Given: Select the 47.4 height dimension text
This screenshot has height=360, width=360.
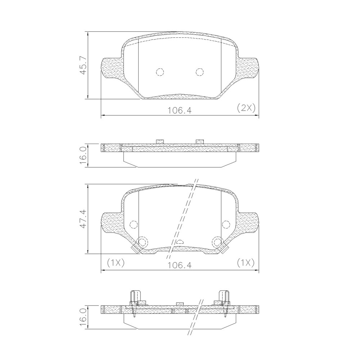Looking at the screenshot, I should tap(83, 219).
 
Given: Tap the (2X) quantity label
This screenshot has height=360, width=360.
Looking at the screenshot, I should tap(246, 108).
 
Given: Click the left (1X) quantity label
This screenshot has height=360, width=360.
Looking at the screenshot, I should tap(116, 263).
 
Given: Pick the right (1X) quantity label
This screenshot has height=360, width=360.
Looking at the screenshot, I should tap(246, 263).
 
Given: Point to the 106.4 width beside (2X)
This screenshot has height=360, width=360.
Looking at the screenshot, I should tap(179, 110).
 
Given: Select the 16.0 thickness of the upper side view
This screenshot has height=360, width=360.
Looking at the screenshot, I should tap(83, 155).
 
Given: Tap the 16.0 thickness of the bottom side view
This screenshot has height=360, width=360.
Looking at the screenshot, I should tap(83, 317).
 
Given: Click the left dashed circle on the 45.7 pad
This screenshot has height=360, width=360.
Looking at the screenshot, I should tap(160, 72).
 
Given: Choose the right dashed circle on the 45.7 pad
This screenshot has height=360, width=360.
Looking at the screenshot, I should tap(200, 72).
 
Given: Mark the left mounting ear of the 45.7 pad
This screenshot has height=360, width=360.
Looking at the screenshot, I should tap(112, 68).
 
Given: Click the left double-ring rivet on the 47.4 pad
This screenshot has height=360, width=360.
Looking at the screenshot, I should tap(143, 242).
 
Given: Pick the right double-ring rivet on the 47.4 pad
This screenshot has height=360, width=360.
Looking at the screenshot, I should tap(217, 242).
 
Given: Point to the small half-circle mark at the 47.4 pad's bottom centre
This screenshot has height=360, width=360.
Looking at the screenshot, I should tap(180, 242).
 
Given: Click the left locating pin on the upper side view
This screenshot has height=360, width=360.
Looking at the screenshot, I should tap(160, 141).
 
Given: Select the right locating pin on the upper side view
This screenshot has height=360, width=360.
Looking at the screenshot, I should tap(200, 141).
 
